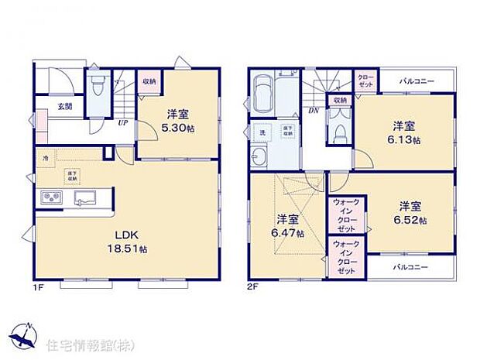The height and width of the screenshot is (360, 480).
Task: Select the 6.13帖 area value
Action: [x=405, y=140]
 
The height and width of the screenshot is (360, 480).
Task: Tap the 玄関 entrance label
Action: [x=64, y=107]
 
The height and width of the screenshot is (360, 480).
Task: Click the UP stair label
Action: [x=122, y=122]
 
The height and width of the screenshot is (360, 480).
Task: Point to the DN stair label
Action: [x=314, y=111]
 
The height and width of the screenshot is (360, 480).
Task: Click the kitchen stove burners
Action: [x=52, y=198]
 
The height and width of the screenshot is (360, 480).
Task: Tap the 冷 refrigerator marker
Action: [x=46, y=158]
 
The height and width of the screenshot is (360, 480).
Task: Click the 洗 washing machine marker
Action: [x=262, y=132]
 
